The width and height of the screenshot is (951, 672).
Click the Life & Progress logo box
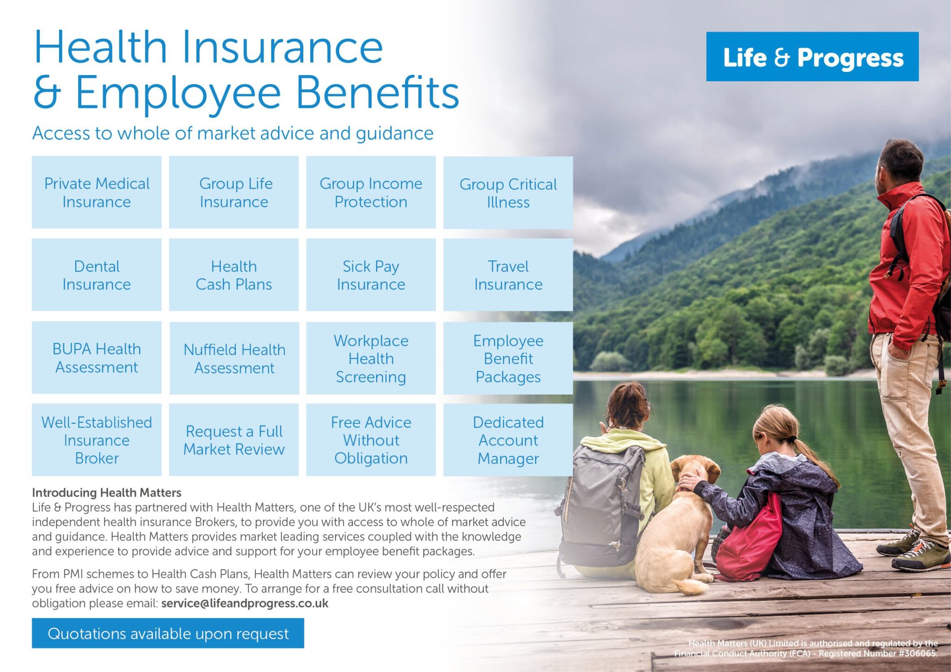812,57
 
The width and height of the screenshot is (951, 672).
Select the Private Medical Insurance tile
97,192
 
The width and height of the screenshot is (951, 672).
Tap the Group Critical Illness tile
508,193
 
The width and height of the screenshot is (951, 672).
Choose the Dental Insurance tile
97,275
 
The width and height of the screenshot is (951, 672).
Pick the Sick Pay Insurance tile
371,275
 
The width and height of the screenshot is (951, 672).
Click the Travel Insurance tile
508,275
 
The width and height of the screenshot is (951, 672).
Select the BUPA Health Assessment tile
97,357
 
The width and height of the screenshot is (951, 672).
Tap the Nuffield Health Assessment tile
234,358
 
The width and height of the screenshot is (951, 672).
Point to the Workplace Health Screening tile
371,358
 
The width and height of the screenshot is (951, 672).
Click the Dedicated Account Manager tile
508,440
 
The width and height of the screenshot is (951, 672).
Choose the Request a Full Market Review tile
234,440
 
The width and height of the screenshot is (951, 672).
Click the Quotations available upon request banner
168,633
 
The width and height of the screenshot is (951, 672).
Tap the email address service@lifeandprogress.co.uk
245,603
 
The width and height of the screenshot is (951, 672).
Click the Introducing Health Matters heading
106,492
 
